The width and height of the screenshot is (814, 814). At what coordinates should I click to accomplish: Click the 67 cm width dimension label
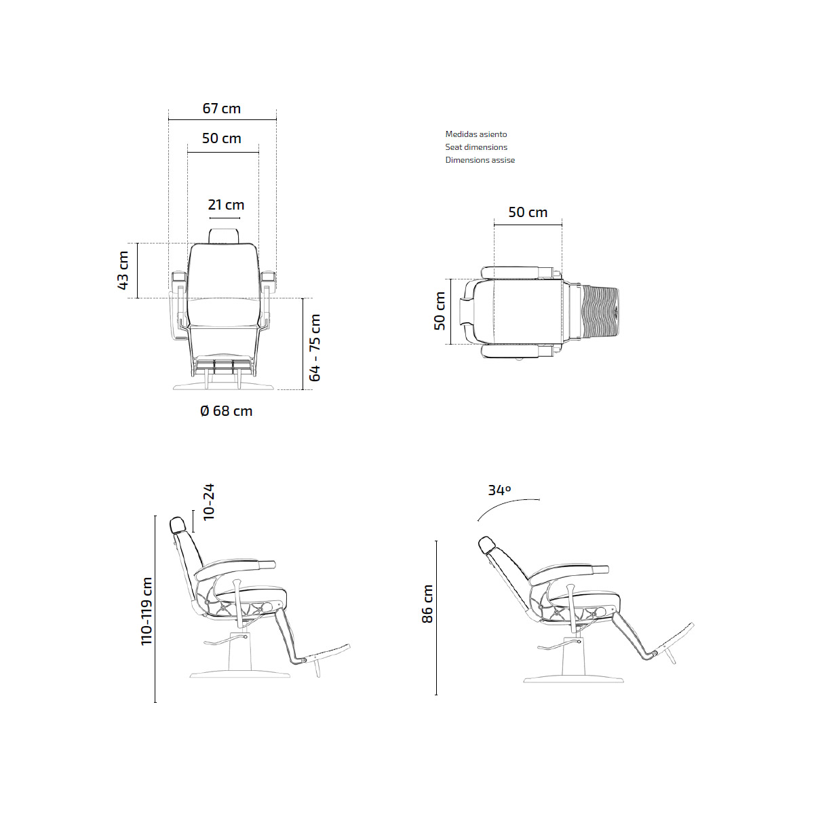coord(221,109)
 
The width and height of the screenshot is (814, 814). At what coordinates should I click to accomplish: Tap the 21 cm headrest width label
coord(226,205)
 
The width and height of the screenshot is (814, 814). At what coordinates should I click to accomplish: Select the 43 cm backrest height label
coord(123,271)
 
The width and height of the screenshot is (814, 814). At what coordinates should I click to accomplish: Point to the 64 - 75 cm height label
coord(315,348)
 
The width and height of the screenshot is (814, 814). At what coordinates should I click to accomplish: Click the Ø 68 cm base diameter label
coord(226,410)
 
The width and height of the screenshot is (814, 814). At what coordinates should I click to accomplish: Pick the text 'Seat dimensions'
coord(476,147)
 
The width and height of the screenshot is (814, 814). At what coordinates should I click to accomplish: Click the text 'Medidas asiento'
coord(476,134)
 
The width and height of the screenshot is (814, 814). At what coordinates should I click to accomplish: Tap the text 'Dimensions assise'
coord(480,160)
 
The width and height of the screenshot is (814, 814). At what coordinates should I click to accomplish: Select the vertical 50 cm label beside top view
coord(440,311)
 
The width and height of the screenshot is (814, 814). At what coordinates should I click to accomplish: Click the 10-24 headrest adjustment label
coord(209,502)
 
